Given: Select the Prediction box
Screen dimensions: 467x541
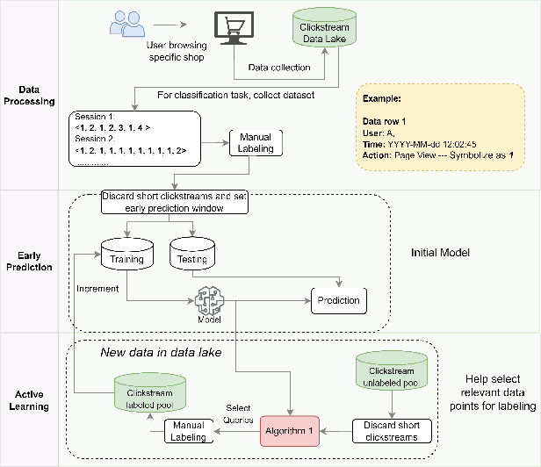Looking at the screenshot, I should click(x=338, y=301).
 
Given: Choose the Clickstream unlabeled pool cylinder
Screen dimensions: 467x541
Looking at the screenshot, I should click(x=392, y=371).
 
